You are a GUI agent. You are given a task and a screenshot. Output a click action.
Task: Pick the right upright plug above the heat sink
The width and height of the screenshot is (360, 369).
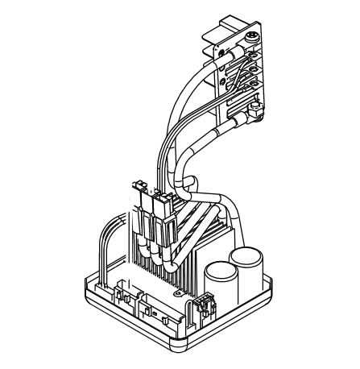pos(165,197)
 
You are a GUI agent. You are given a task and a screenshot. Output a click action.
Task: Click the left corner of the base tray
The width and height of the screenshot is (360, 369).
pos(87,282)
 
